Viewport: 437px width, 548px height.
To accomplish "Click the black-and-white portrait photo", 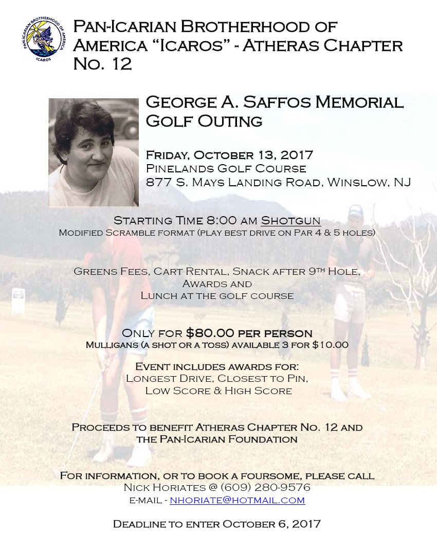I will click(x=94, y=152).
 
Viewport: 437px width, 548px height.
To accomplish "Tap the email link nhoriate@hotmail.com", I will click(x=237, y=500).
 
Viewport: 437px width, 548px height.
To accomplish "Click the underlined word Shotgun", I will click(x=291, y=221).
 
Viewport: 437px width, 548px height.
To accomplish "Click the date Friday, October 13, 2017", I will click(x=229, y=155).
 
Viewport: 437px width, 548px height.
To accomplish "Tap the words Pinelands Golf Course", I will click(x=226, y=169).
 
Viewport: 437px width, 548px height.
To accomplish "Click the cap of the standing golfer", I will click(x=355, y=211).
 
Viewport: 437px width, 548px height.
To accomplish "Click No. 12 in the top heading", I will click(x=102, y=64).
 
